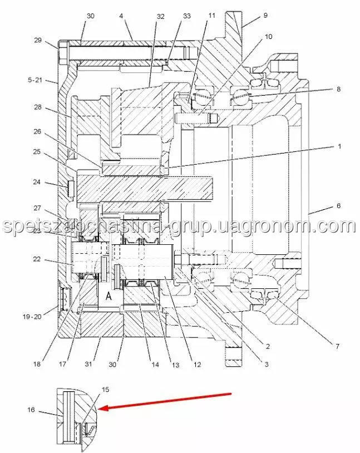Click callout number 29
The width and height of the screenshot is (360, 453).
point(38,40)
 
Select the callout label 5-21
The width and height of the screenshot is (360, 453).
point(35,80)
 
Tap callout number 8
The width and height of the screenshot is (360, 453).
point(339,89)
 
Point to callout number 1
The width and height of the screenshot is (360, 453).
point(339,146)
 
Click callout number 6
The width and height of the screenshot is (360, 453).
point(339,206)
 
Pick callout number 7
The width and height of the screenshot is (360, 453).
point(337,346)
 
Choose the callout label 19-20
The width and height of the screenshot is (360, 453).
point(32,317)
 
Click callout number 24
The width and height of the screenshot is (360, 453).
point(37,182)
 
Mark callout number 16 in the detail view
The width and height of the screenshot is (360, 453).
point(31,410)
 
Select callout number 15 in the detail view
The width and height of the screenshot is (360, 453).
point(106,390)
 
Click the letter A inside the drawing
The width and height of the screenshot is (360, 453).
point(109,296)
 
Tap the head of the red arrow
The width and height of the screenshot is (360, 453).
point(100,408)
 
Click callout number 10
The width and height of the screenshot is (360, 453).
point(268,37)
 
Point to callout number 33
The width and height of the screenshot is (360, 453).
point(187,16)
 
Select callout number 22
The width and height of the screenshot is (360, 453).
point(37,259)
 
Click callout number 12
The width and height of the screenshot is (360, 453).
point(197,365)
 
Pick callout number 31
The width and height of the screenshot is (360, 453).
point(88,364)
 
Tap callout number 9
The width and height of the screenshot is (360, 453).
point(265,16)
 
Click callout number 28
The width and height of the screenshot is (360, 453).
point(38,107)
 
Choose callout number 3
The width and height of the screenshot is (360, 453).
point(267,364)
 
